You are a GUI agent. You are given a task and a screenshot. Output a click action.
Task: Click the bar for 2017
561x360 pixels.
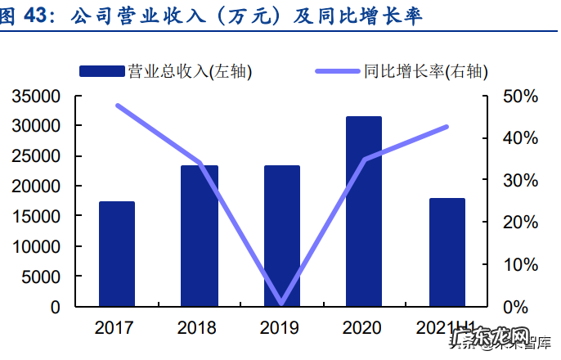tap(117, 254)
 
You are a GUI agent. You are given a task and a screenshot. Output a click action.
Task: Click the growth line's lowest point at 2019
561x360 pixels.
tap(281, 304)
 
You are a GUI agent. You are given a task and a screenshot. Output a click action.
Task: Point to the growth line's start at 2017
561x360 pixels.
tap(118, 106)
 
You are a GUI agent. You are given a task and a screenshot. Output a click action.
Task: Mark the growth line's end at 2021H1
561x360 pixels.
tap(447, 127)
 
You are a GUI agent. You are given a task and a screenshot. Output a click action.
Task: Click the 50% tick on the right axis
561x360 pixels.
tap(520, 97)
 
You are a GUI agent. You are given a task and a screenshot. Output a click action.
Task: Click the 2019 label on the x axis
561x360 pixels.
tap(279, 329)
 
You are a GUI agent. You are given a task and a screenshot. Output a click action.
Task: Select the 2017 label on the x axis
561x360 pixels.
tap(114, 329)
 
